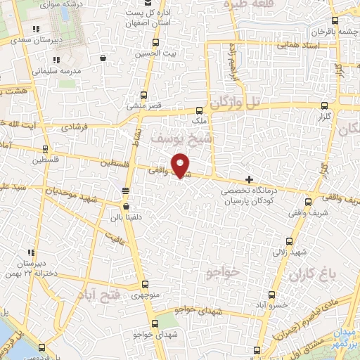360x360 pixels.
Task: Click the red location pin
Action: pyautogui.click(x=181, y=165)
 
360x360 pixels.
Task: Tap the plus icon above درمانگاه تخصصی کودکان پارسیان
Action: pyautogui.click(x=249, y=180)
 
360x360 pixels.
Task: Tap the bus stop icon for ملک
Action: pyautogui.click(x=200, y=110)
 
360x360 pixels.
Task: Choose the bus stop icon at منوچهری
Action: pyautogui.click(x=145, y=285)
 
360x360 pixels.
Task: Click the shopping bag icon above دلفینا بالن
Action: pyautogui.click(x=125, y=207)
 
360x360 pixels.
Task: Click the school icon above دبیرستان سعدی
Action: pyautogui.click(x=35, y=29)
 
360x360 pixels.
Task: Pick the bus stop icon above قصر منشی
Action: pyautogui.click(x=143, y=95)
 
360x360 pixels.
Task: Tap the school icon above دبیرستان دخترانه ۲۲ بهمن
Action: pyautogui.click(x=31, y=252)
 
